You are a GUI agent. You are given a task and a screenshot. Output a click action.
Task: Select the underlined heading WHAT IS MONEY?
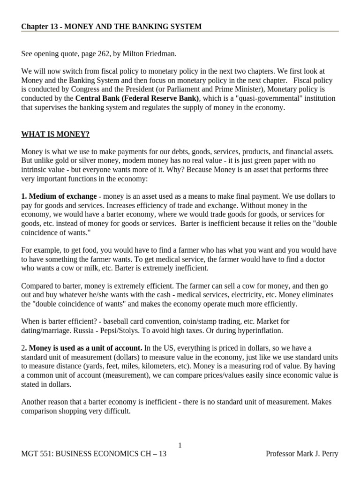[55, 135]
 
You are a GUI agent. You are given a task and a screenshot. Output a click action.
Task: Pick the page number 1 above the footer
[180, 445]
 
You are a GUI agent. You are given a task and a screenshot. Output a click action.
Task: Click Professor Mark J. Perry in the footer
[302, 454]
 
